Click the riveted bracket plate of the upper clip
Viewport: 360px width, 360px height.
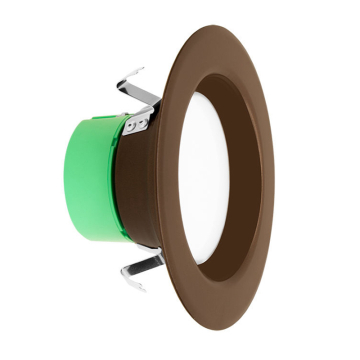pos(136,123)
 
